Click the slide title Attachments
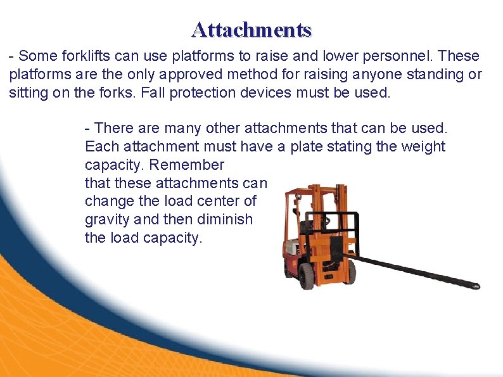coord(251,30)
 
